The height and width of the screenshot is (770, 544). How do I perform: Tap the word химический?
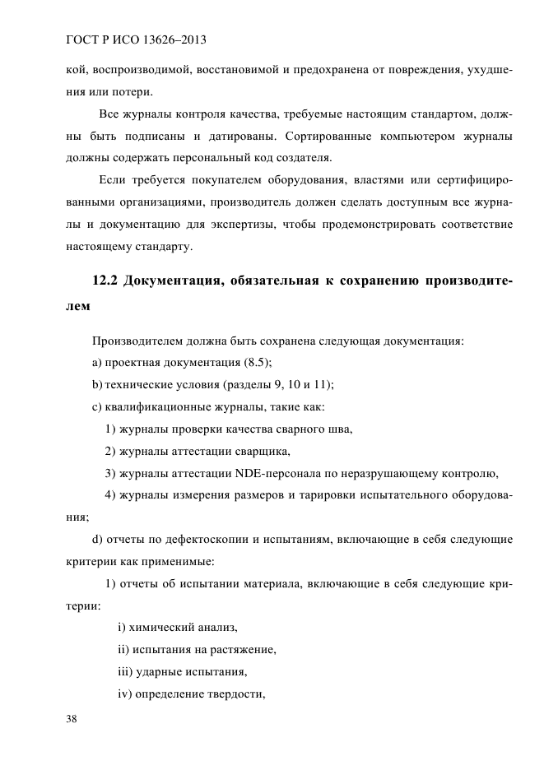160,628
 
